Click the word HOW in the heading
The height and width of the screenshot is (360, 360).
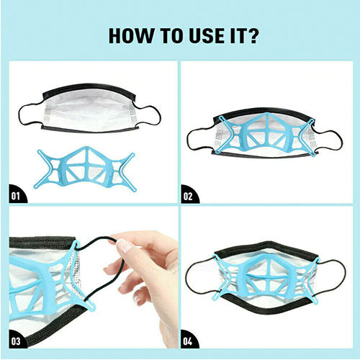click(131, 36)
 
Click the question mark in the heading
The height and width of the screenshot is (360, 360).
click(251, 36)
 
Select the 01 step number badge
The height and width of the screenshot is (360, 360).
click(17, 194)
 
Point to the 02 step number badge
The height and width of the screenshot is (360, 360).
click(189, 194)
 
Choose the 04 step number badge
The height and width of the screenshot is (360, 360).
click(189, 338)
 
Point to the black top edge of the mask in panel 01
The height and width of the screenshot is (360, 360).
click(89, 89)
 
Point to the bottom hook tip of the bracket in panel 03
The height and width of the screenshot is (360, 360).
click(92, 307)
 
